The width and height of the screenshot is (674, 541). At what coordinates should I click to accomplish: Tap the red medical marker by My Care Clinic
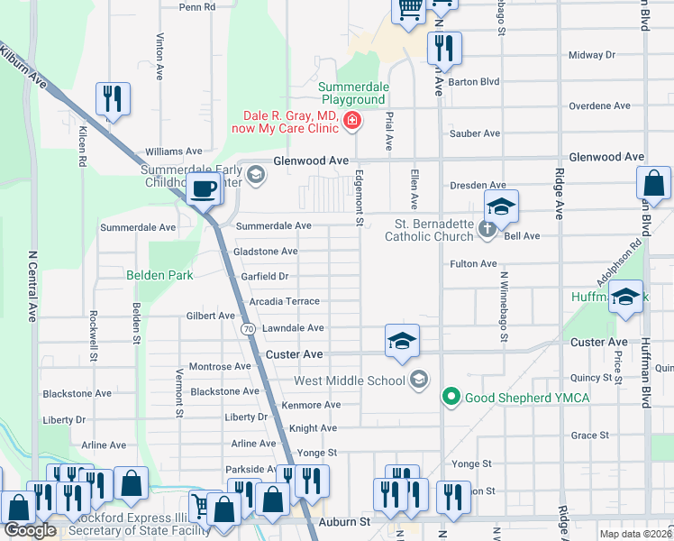[351, 120]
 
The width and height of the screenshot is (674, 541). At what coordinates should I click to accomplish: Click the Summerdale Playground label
[353, 93]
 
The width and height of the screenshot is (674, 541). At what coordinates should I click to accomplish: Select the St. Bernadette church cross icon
[487, 228]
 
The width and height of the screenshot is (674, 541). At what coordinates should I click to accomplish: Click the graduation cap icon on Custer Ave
[402, 340]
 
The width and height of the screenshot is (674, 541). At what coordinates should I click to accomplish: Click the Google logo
[30, 530]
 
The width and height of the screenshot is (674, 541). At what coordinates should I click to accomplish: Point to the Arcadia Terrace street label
[285, 301]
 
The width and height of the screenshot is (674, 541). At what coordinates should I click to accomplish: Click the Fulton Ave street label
[474, 263]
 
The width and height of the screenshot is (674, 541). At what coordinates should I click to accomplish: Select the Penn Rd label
[197, 6]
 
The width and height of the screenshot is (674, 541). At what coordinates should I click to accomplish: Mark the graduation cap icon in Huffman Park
[625, 298]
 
